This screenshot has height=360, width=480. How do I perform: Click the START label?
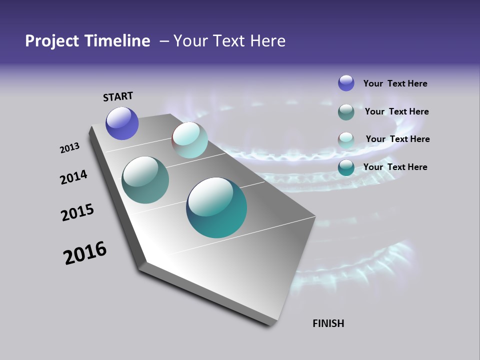(x=118, y=96)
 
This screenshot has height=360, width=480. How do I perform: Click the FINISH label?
(x=328, y=323)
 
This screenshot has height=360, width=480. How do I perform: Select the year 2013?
(x=70, y=148)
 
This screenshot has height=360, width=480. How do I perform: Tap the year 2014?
(x=74, y=177)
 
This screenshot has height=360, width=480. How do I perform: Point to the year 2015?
(x=77, y=212)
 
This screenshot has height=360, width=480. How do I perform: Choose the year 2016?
(x=85, y=252)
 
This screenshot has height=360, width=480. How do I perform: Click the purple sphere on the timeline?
(x=122, y=123)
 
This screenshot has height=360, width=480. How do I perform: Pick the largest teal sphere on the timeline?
(x=216, y=207)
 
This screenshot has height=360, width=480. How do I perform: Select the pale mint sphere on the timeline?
(x=190, y=140)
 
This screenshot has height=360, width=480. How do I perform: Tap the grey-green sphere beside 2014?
(x=145, y=180)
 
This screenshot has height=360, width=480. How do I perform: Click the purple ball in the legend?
(x=346, y=83)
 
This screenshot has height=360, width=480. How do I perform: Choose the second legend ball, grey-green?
(x=346, y=112)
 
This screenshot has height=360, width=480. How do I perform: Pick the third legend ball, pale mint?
(x=346, y=140)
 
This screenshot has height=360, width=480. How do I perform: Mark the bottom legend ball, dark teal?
(x=346, y=167)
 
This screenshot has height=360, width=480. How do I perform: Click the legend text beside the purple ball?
(x=395, y=84)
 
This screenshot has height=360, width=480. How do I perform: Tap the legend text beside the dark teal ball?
(x=395, y=167)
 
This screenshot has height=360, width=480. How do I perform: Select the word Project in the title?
(x=49, y=41)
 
